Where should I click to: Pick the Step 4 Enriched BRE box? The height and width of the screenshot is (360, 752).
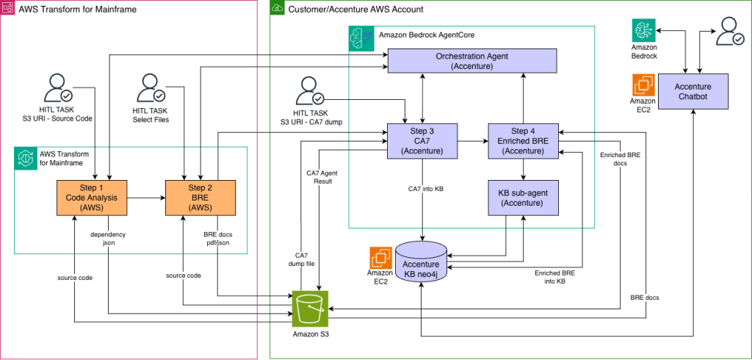[522, 140]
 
